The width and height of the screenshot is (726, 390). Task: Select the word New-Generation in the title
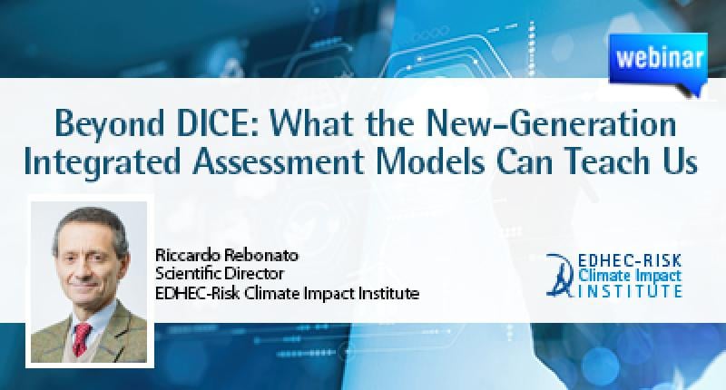551,123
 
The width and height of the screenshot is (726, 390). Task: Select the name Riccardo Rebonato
227,255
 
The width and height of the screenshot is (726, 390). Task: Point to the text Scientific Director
220,273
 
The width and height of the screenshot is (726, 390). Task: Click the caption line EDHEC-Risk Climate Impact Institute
287,293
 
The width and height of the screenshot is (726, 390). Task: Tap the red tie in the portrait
83,338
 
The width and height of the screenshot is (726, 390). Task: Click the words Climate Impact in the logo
630,277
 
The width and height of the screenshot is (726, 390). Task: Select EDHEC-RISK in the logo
630,261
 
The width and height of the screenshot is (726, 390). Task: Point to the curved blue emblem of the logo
561,275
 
